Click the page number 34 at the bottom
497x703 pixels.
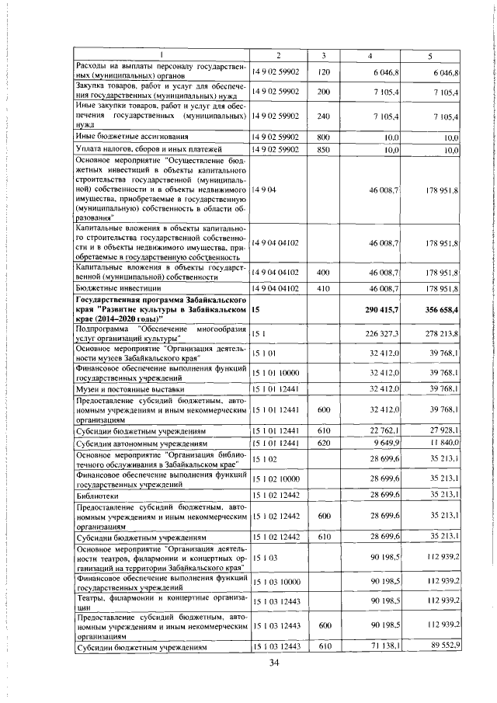tap(273, 662)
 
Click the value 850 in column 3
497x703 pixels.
tap(325, 148)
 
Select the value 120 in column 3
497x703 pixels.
tap(325, 71)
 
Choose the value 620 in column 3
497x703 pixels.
tap(325, 444)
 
